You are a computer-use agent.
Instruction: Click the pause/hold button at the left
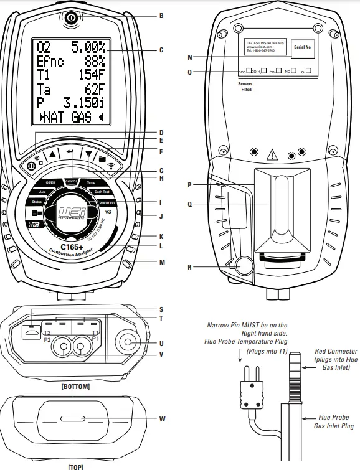(x=31, y=167)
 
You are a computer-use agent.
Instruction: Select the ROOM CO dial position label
(x=108, y=204)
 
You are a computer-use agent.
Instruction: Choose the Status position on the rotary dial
(x=36, y=203)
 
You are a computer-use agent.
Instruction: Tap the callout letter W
(x=161, y=418)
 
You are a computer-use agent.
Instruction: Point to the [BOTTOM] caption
(x=76, y=387)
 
